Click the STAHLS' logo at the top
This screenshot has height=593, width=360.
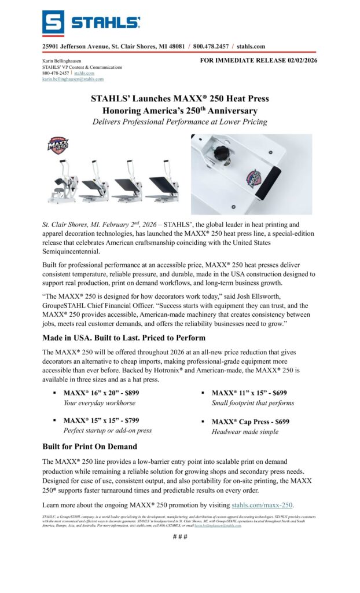[91, 23]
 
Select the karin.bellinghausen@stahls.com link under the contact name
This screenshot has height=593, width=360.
[73, 79]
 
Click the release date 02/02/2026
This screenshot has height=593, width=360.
[299, 60]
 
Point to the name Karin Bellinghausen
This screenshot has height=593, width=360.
[62, 61]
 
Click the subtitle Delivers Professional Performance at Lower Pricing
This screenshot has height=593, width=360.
[180, 122]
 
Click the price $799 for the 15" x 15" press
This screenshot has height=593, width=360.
[128, 420]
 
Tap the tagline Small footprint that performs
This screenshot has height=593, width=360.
[253, 402]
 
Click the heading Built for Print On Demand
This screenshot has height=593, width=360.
[90, 446]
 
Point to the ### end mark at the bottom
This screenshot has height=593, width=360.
[180, 536]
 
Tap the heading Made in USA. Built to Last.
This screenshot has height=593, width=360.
[98, 338]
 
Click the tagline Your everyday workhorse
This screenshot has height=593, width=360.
[100, 402]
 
